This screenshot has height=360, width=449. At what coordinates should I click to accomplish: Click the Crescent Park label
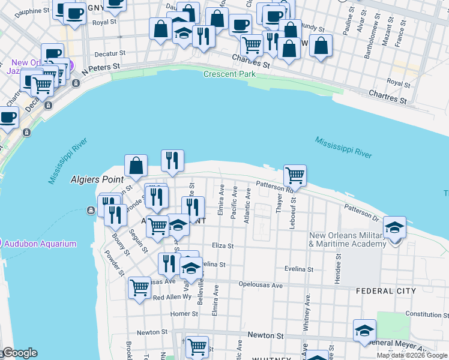click(229, 74)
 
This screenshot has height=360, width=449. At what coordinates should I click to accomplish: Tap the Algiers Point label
click(97, 179)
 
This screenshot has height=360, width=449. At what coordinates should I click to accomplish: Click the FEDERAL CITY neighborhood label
click(385, 291)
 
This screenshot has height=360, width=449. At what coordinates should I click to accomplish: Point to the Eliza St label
click(221, 245)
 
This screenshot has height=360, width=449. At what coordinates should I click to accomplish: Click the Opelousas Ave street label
click(260, 286)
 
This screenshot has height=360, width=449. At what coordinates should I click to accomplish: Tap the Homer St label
click(180, 313)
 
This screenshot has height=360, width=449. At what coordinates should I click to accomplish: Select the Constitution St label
click(423, 314)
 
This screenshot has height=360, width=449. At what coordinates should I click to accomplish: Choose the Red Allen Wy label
click(172, 297)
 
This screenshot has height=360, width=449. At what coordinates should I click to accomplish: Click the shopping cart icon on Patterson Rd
click(295, 175)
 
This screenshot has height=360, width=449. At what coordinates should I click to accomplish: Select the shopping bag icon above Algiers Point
click(136, 165)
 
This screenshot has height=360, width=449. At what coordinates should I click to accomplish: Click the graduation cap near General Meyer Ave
click(364, 330)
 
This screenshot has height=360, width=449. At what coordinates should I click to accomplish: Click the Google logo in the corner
click(20, 353)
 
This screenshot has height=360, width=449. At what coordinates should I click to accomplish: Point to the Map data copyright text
click(412, 355)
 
